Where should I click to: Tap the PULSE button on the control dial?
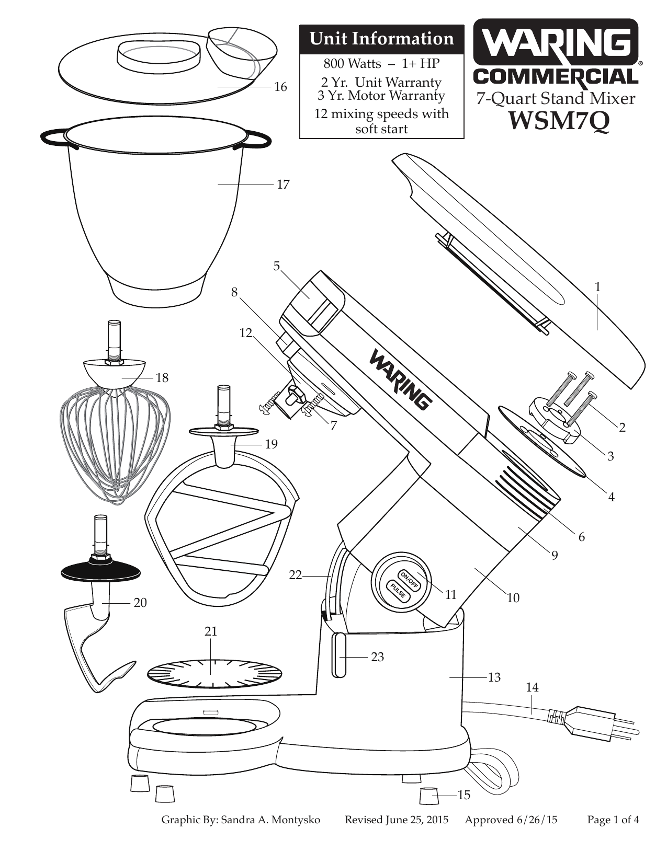(x=397, y=591)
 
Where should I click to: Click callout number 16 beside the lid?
(x=281, y=87)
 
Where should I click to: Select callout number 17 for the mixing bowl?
(x=282, y=185)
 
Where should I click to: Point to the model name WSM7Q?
(x=558, y=121)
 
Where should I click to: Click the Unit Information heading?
(x=381, y=39)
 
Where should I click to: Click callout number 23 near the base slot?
(x=377, y=657)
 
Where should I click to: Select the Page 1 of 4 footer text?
(x=613, y=820)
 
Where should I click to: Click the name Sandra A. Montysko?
(x=270, y=820)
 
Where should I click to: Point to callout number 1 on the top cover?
(x=597, y=287)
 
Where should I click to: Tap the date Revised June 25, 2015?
(x=396, y=820)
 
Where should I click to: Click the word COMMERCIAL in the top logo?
(x=556, y=77)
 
